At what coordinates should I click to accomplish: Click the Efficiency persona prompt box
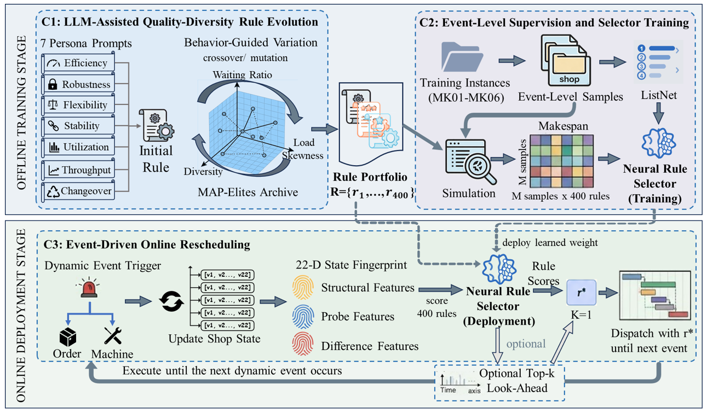tap(78, 63)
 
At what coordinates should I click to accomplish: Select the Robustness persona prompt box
tap(78, 84)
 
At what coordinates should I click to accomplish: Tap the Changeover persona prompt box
tap(78, 191)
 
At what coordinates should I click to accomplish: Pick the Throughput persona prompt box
tap(78, 170)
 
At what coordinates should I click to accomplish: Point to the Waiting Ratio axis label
tap(242, 75)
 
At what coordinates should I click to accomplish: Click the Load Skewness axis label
tap(303, 149)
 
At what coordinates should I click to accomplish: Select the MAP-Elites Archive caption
tap(248, 192)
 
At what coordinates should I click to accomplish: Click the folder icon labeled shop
tap(565, 61)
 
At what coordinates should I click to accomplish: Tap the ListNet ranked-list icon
tap(658, 62)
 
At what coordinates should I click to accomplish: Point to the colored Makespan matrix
tap(561, 161)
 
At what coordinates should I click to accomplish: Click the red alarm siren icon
tap(89, 288)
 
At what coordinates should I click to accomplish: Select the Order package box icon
tap(67, 337)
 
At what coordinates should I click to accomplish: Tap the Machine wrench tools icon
tap(113, 335)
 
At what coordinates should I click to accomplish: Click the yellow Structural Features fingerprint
tap(303, 288)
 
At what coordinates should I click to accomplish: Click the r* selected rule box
tap(582, 293)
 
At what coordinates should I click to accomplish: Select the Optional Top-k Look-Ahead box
tap(499, 383)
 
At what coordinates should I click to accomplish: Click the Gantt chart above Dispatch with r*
tap(655, 295)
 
